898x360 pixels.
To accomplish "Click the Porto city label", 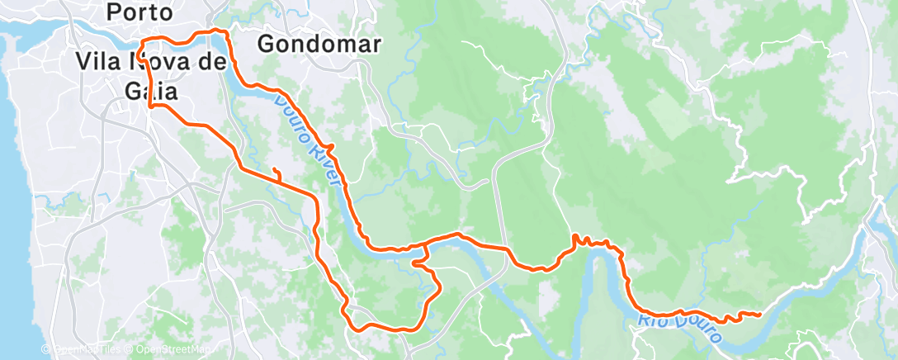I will coord(140,13).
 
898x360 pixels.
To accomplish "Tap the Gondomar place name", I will coord(319,45).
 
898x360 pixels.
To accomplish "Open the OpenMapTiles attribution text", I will coord(87,350).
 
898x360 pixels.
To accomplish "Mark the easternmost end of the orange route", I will coord(760,314).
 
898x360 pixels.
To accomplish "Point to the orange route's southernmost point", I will coord(361,329).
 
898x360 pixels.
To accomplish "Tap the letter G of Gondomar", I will coord(267,45).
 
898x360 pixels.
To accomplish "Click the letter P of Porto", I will coord(115,13).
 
